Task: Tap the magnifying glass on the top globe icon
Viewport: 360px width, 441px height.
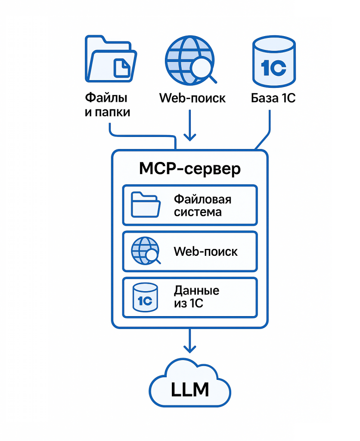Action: point(202,70)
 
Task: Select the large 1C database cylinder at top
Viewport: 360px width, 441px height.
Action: point(273,61)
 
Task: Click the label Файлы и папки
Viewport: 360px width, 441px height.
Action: point(107,105)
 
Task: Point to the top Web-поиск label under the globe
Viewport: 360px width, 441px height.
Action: point(192,98)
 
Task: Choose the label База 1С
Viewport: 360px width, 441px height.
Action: point(273,98)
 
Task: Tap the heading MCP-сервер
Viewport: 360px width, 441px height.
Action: point(190,169)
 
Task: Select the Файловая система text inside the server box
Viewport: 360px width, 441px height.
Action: point(202,205)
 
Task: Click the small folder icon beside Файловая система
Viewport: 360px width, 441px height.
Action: point(146,205)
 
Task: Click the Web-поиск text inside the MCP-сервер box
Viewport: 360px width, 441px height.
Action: point(205,252)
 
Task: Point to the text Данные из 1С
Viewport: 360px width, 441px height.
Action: point(196,297)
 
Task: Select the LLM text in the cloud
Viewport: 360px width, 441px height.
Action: point(190,389)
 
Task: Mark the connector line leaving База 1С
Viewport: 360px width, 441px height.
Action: point(268,129)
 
